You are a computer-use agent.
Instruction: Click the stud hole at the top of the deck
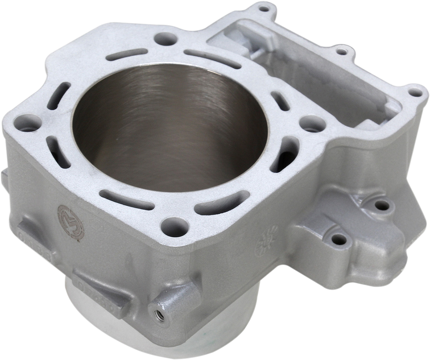tap(166, 38)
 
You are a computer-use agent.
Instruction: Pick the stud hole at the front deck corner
tap(175, 226)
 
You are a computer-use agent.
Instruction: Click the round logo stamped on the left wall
tap(71, 222)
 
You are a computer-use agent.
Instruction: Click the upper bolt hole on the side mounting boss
tap(382, 205)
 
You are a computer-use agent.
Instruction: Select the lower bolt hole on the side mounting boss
tap(339, 238)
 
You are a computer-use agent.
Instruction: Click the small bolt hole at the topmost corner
tap(264, 8)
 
